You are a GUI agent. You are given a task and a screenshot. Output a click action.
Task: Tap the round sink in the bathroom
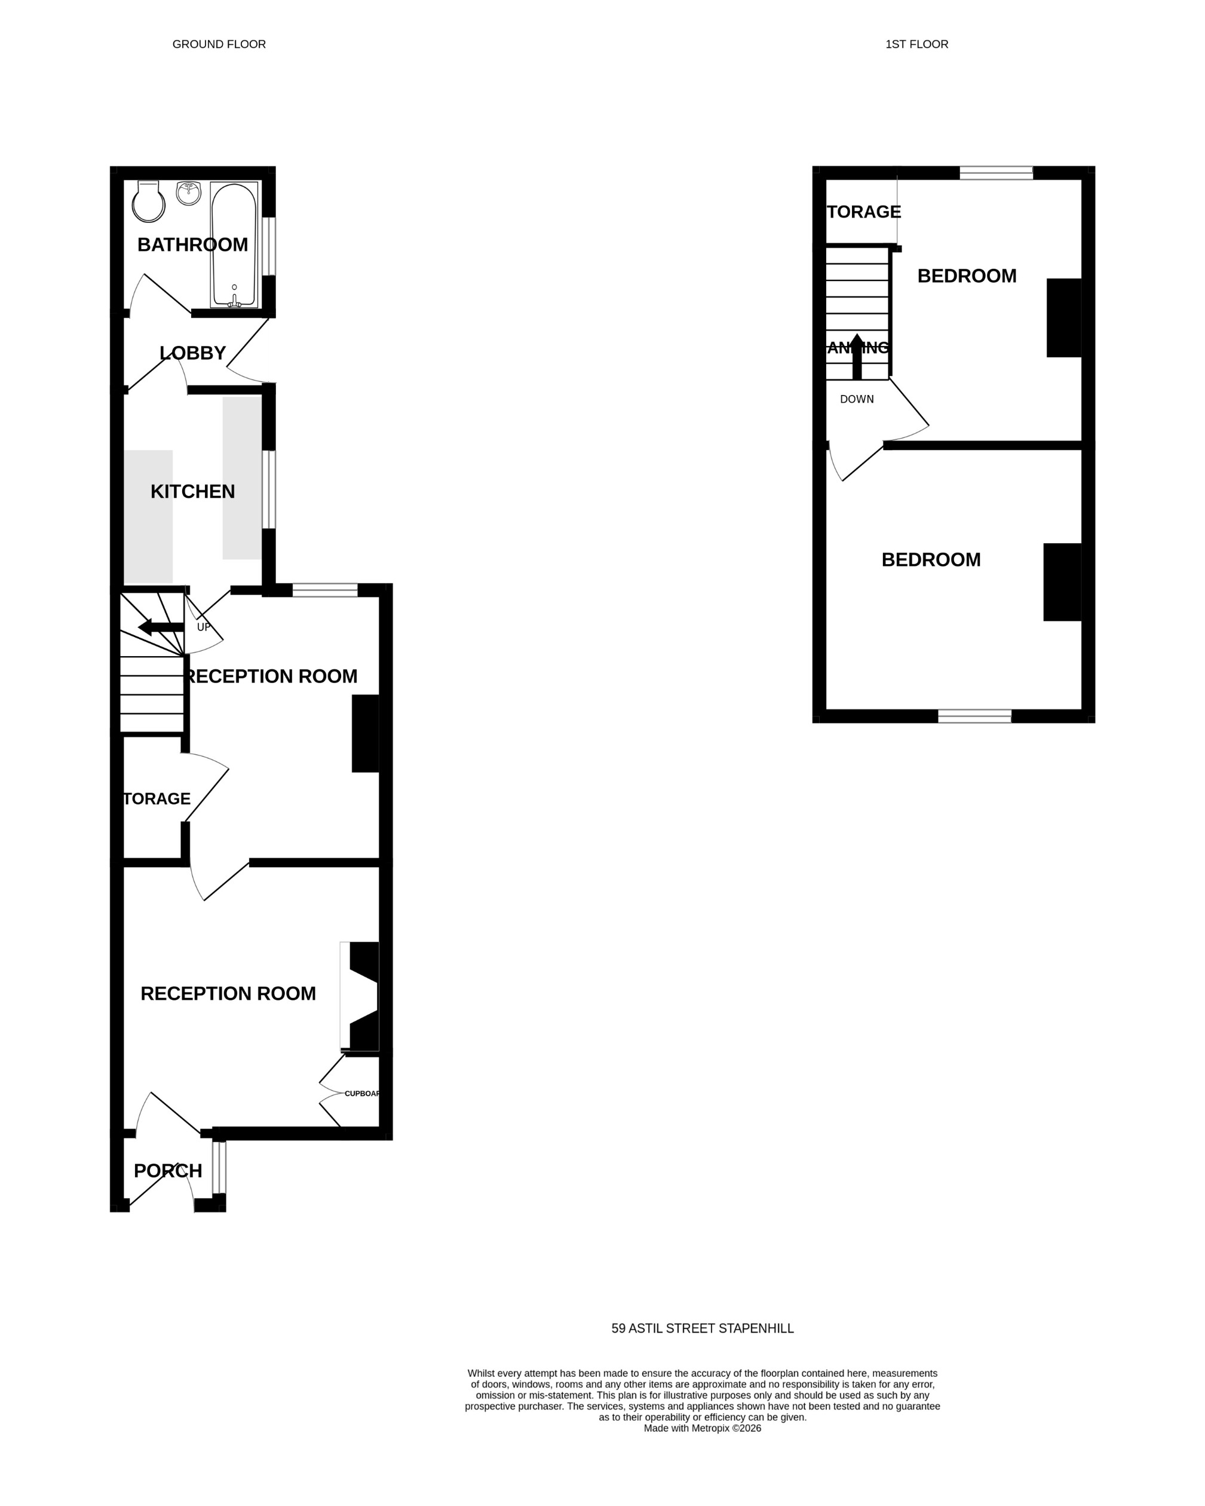point(189,194)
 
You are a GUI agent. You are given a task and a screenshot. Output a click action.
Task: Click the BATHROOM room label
point(193,244)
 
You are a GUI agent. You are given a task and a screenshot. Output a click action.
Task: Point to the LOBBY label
point(193,353)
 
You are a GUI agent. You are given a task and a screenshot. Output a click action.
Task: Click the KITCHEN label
point(193,492)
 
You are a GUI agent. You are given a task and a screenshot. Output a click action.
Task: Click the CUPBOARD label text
point(361,1093)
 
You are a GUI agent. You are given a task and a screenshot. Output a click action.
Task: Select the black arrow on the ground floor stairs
point(161,627)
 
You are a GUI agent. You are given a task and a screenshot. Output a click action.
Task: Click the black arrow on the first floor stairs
point(857,356)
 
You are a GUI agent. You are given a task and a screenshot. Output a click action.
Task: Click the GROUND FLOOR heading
point(219,45)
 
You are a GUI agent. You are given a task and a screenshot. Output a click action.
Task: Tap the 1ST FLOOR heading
point(916,45)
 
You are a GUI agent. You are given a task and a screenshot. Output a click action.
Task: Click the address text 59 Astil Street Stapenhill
point(703,1329)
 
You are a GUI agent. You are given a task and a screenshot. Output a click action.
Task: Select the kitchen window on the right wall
point(269,489)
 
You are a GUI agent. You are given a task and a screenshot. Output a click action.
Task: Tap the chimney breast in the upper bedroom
point(1064,318)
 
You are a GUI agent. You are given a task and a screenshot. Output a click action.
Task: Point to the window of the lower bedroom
point(974,716)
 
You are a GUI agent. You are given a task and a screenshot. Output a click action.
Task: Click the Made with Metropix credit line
point(703,1428)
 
